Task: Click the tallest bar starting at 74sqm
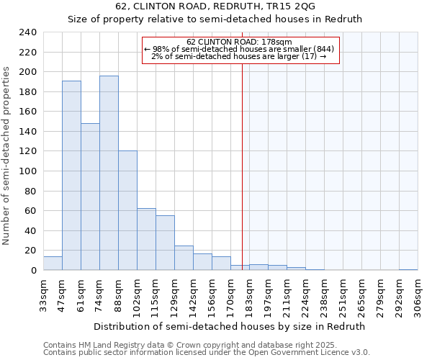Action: pos(109,173)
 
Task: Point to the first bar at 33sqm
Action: pos(53,264)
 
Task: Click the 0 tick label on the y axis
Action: pos(33,270)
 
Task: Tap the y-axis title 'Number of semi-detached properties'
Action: pos(6,156)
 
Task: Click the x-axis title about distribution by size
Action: pos(230,326)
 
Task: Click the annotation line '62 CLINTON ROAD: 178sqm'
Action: pos(240,42)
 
